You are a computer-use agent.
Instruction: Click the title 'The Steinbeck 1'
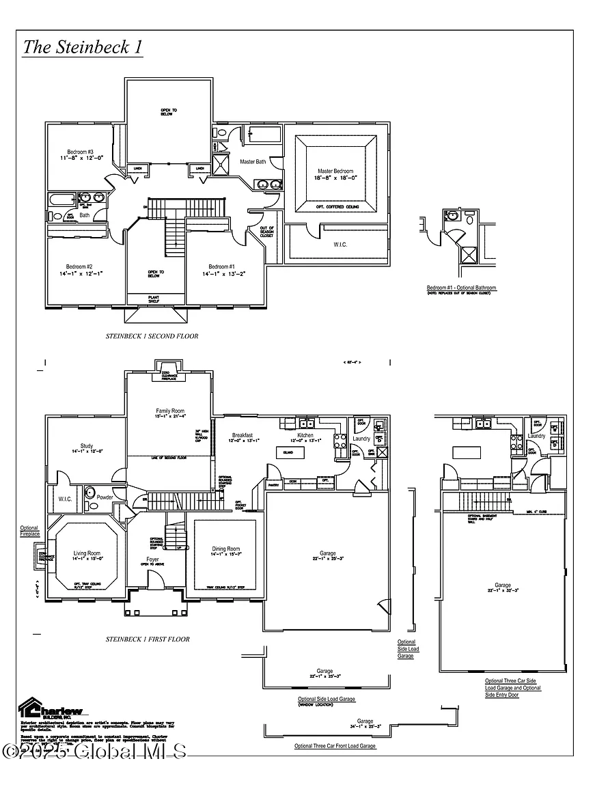83,47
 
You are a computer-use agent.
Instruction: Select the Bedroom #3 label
80,152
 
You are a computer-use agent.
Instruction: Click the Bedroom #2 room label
79,266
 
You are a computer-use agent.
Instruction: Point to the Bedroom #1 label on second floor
222,266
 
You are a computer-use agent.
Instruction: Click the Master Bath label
253,162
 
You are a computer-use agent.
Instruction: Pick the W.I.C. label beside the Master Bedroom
341,245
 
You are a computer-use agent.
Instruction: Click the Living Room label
87,553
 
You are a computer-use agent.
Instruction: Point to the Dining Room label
225,549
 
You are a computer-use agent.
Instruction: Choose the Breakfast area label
243,435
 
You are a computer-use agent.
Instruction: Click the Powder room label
105,497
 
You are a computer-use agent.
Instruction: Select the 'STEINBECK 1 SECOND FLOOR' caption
152,336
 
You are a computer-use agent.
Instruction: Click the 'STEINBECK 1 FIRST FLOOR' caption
148,639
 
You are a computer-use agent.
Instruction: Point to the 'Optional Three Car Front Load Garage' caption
335,746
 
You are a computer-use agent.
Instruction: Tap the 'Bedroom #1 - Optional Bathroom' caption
461,288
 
